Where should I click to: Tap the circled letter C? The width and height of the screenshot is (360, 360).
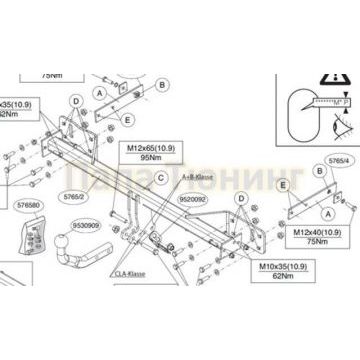coord(159,177)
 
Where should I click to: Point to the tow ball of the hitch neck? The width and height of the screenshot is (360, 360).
coord(73,244)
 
